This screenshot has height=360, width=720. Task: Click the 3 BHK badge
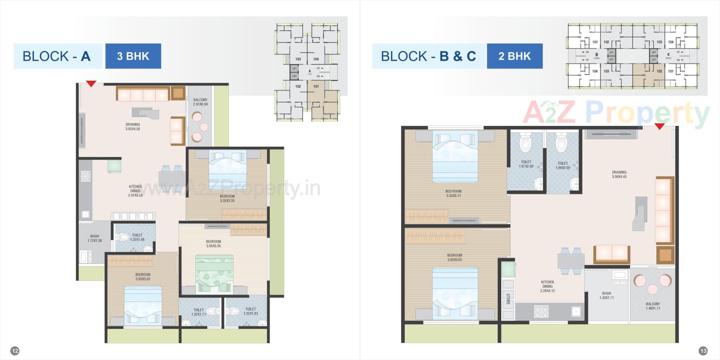pos(133,56)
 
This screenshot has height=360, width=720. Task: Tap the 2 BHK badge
pos(514,56)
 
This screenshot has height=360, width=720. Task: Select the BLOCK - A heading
pos(57,56)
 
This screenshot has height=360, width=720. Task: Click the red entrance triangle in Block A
pos(91,84)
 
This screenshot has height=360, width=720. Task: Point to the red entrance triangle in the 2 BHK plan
pos(659,126)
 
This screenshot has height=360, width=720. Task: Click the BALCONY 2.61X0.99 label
pos(200,102)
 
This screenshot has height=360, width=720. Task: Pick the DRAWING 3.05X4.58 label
pos(133,127)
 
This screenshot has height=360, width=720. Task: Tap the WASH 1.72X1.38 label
pos(94,238)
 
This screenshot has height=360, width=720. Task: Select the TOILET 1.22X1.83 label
pos(250,311)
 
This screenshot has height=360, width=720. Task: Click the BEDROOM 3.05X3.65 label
pos(213,244)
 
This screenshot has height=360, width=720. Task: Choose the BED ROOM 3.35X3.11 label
pos(454,193)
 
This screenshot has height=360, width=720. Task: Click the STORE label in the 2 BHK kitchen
pos(508,299)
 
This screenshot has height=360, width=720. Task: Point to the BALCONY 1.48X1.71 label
pos(653,306)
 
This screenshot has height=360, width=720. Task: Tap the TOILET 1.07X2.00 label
pos(526,164)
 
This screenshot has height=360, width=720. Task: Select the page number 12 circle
pos(15,351)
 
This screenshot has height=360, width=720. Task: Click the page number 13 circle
pos(703,351)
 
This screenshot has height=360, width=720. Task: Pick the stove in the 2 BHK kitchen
pos(541,311)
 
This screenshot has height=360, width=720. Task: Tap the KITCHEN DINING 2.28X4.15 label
pos(547,286)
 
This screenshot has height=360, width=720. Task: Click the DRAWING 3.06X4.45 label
pos(619,174)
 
